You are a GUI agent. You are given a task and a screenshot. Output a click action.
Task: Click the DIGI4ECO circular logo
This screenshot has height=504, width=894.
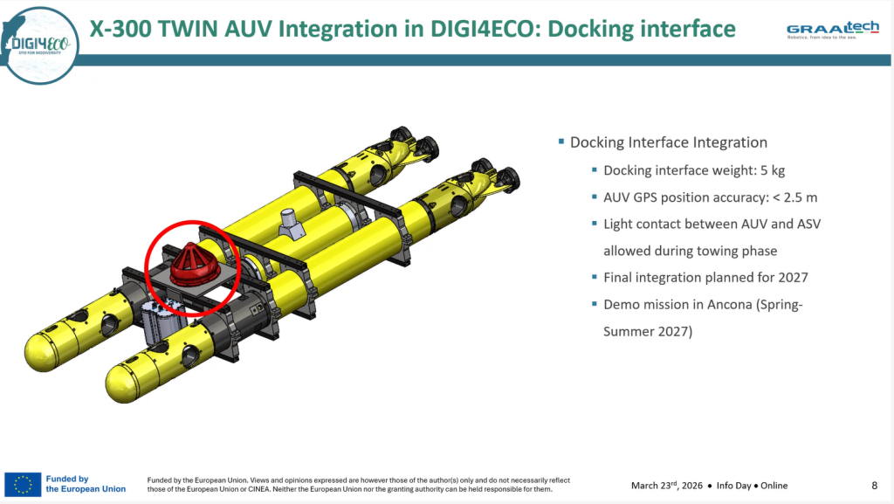[40, 45]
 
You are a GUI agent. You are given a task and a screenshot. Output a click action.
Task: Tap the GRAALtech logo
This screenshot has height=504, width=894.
[832, 30]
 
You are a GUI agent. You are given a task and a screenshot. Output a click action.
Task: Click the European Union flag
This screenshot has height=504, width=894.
[23, 485]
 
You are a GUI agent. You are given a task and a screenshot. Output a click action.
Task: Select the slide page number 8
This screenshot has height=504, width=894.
[874, 485]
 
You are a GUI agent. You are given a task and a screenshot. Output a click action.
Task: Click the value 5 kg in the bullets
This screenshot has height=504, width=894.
[773, 170]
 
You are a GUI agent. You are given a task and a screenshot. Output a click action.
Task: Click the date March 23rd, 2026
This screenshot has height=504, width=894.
[666, 485]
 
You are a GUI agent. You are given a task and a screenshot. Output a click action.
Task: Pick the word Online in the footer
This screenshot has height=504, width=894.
[774, 486]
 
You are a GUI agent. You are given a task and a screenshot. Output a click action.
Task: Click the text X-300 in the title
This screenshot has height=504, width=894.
[120, 29]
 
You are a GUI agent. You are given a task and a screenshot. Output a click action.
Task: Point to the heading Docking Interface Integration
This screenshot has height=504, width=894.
[669, 142]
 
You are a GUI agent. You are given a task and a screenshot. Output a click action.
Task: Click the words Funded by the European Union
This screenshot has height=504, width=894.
[86, 484]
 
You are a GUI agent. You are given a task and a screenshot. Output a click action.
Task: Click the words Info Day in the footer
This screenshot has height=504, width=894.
[733, 486]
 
